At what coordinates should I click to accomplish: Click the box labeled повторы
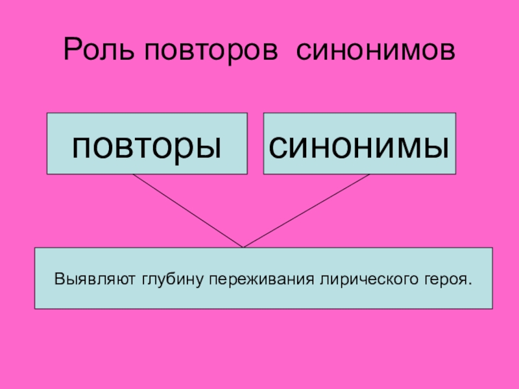pos(147,144)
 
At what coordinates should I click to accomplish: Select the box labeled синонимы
pos(359,144)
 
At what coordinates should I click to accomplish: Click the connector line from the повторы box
pos(188,211)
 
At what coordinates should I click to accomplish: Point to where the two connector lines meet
pos(243,246)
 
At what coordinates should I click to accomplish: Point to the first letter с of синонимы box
pos(279,147)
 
